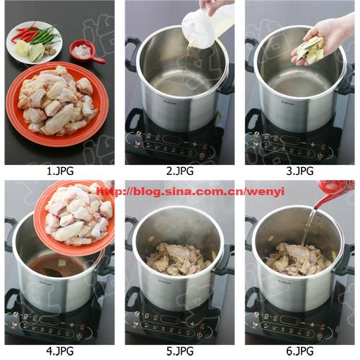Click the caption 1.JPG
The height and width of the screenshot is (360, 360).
click(60, 171)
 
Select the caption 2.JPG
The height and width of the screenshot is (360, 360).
click(180, 171)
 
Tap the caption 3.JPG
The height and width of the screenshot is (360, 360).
click(300, 171)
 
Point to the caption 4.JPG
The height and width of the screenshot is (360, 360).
click(60, 351)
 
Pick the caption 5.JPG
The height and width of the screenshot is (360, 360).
click(180, 351)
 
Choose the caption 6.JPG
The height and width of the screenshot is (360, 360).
click(300, 351)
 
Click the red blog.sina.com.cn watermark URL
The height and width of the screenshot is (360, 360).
click(191, 192)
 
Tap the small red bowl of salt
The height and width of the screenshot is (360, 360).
click(83, 51)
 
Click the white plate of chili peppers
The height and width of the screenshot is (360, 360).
click(35, 42)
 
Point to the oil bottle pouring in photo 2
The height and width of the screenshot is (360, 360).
click(207, 27)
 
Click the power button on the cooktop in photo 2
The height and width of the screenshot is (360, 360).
click(202, 156)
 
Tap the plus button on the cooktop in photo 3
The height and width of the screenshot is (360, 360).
click(312, 145)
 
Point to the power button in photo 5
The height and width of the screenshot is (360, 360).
click(199, 336)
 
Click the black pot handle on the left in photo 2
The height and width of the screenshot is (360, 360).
click(132, 53)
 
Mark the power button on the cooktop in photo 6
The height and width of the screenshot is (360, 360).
click(320, 336)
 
